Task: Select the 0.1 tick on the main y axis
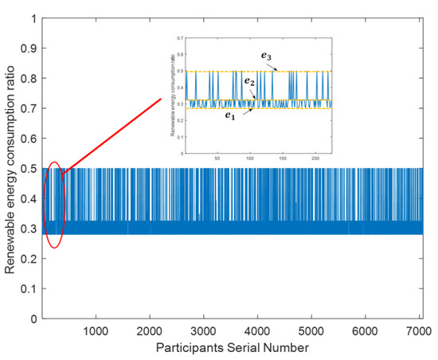(33, 289)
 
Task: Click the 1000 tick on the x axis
(96, 330)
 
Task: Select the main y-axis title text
(10, 168)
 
